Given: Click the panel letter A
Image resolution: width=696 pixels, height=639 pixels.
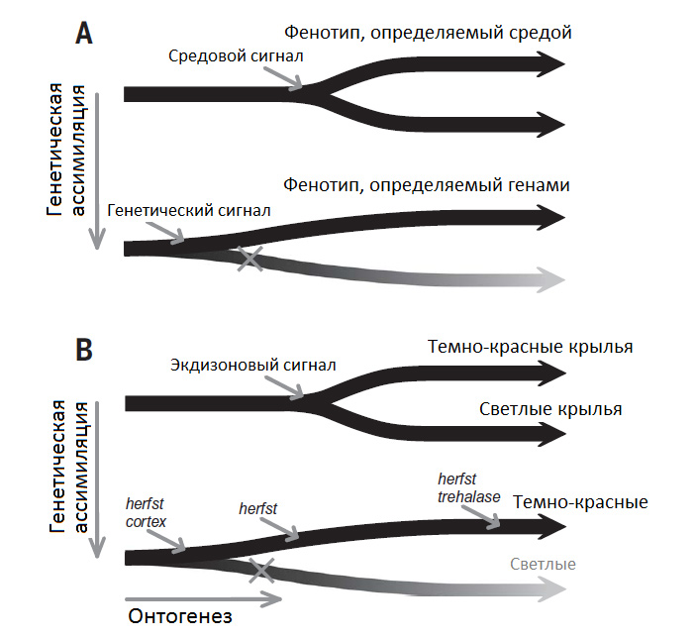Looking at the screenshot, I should [x=85, y=33].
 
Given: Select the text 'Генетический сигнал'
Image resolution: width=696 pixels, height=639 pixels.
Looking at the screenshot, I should [x=189, y=210].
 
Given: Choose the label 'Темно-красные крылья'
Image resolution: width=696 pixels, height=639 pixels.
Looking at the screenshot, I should [x=530, y=347].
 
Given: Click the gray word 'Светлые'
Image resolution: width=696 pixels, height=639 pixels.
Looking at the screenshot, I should [x=543, y=565].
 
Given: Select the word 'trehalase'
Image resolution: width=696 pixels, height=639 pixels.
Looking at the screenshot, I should [x=468, y=495].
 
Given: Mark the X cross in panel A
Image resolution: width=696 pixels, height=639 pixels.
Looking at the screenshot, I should [x=251, y=259].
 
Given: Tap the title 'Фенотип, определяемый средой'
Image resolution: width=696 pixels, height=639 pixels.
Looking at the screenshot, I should [x=428, y=33].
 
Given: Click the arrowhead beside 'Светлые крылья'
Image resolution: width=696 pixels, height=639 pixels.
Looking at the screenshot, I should [x=551, y=433].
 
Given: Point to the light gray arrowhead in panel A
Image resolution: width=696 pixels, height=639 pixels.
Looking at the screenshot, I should [x=551, y=279].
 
